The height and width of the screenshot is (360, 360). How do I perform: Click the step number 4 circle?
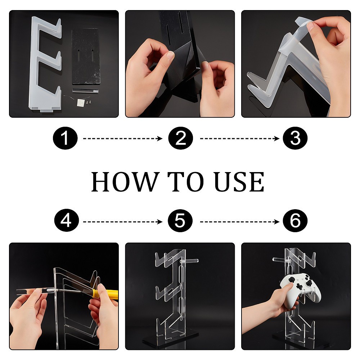(x=65, y=221)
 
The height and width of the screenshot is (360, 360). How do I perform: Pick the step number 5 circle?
(x=181, y=221)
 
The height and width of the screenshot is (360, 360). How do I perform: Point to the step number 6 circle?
(x=295, y=221)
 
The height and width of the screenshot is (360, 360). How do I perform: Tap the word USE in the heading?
(x=239, y=181)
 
